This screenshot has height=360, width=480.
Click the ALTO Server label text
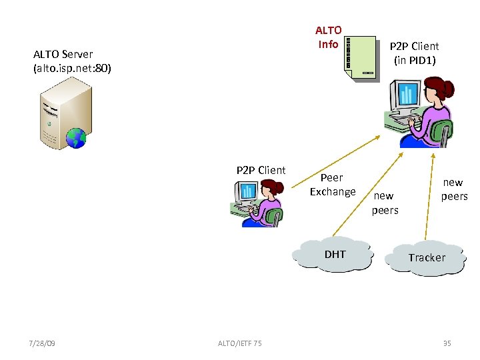click(72, 61)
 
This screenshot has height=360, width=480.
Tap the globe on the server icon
click(77, 137)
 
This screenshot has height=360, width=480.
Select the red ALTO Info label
click(328, 37)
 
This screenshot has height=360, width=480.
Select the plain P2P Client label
click(261, 170)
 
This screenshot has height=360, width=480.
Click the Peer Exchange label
click(332, 185)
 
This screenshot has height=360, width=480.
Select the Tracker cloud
click(427, 257)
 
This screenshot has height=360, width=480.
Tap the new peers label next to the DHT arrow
click(385, 203)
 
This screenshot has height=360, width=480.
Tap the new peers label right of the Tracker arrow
click(454, 189)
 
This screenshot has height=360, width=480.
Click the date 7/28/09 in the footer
click(43, 343)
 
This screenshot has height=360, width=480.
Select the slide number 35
click(447, 343)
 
